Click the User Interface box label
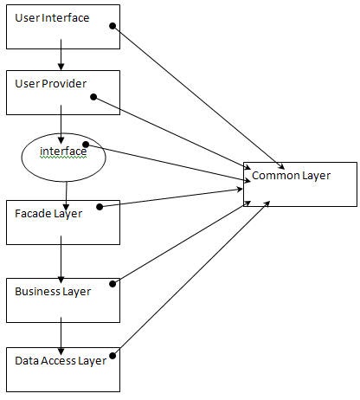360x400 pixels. [x=52, y=18]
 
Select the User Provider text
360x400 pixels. [x=50, y=83]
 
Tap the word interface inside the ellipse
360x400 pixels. [x=63, y=152]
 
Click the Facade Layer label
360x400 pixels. [x=48, y=213]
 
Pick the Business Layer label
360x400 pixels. [x=53, y=291]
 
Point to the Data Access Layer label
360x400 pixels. [x=60, y=360]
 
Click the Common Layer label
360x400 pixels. [x=291, y=176]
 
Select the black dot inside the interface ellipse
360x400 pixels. [x=84, y=144]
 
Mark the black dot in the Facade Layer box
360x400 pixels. [x=100, y=206]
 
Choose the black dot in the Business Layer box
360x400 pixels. [x=113, y=281]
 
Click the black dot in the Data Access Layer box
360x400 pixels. [x=112, y=353]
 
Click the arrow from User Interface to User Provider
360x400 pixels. [x=61, y=59]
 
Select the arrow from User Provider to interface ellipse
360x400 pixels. [x=61, y=121]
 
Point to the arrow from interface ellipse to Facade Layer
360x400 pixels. [x=66, y=192]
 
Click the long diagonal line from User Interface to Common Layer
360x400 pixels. [x=199, y=96]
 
